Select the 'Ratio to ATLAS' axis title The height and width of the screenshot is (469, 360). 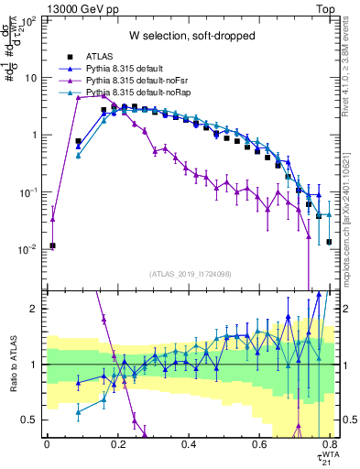click(12, 364)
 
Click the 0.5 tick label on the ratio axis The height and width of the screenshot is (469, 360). click(31, 420)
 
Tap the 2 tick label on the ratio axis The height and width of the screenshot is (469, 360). click(35, 309)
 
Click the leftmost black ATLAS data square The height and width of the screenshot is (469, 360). click(53, 245)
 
